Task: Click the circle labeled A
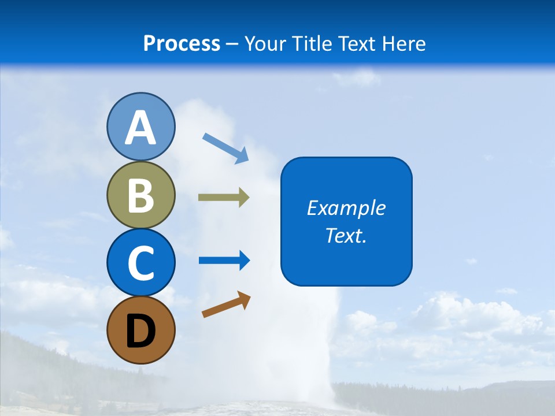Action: tap(140, 127)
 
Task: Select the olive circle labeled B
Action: tap(140, 195)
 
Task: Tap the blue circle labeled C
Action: tap(140, 262)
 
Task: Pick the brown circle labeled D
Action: tap(140, 330)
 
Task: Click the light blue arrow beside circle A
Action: tap(225, 148)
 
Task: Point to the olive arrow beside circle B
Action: tap(224, 198)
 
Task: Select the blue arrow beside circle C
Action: tap(224, 260)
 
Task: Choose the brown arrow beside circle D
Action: tap(226, 304)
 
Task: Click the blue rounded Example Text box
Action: tap(346, 221)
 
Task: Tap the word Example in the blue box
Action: tap(346, 208)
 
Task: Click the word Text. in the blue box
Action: tap(346, 236)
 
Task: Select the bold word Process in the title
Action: tap(182, 43)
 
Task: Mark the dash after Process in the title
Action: tap(232, 44)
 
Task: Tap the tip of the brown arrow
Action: tap(250, 295)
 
